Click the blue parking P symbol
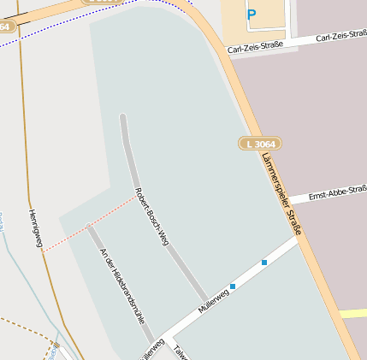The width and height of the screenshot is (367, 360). click(251, 14)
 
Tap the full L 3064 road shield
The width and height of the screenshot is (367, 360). click(259, 144)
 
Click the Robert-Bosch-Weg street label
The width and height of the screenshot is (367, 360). click(151, 215)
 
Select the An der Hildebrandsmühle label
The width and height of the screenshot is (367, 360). click(121, 285)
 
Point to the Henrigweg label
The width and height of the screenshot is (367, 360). click(35, 229)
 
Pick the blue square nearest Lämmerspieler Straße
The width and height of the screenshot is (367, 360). click(264, 262)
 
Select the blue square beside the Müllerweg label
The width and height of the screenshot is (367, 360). click(233, 286)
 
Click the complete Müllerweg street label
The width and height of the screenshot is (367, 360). click(213, 299)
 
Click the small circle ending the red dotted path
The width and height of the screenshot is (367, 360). click(87, 226)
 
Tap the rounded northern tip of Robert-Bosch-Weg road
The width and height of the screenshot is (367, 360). click(123, 116)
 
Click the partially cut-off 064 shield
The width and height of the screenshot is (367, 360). click(6, 27)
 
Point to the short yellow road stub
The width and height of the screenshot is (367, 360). click(353, 314)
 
